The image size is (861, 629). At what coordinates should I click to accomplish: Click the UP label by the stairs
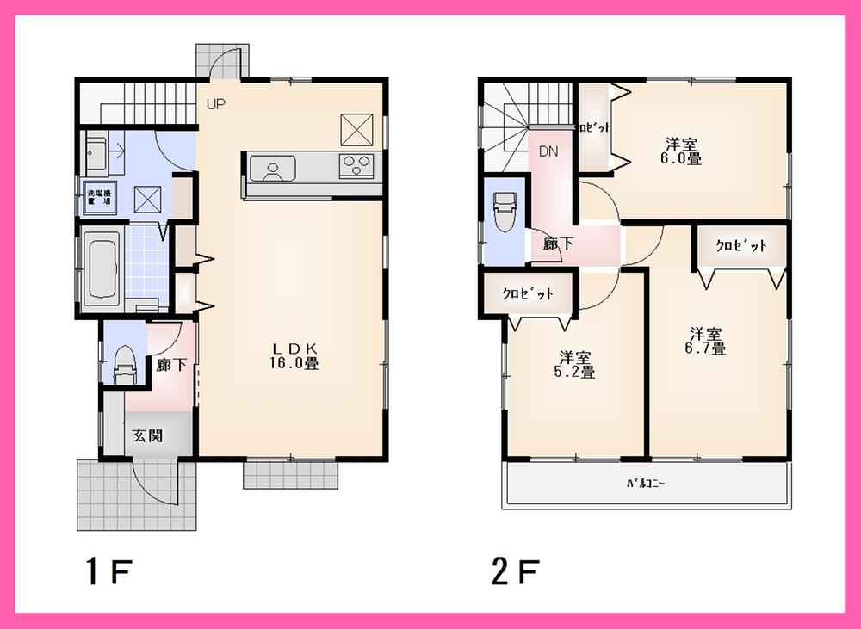tap(214, 105)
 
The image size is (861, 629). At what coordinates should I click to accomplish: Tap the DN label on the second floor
tap(548, 151)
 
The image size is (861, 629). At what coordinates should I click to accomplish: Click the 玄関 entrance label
tap(146, 435)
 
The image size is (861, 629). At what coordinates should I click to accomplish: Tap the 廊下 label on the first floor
tap(171, 365)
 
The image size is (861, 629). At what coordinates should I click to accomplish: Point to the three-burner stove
tap(356, 164)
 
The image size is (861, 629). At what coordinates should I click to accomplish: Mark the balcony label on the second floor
tap(644, 484)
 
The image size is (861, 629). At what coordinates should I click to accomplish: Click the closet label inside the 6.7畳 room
tap(741, 246)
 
